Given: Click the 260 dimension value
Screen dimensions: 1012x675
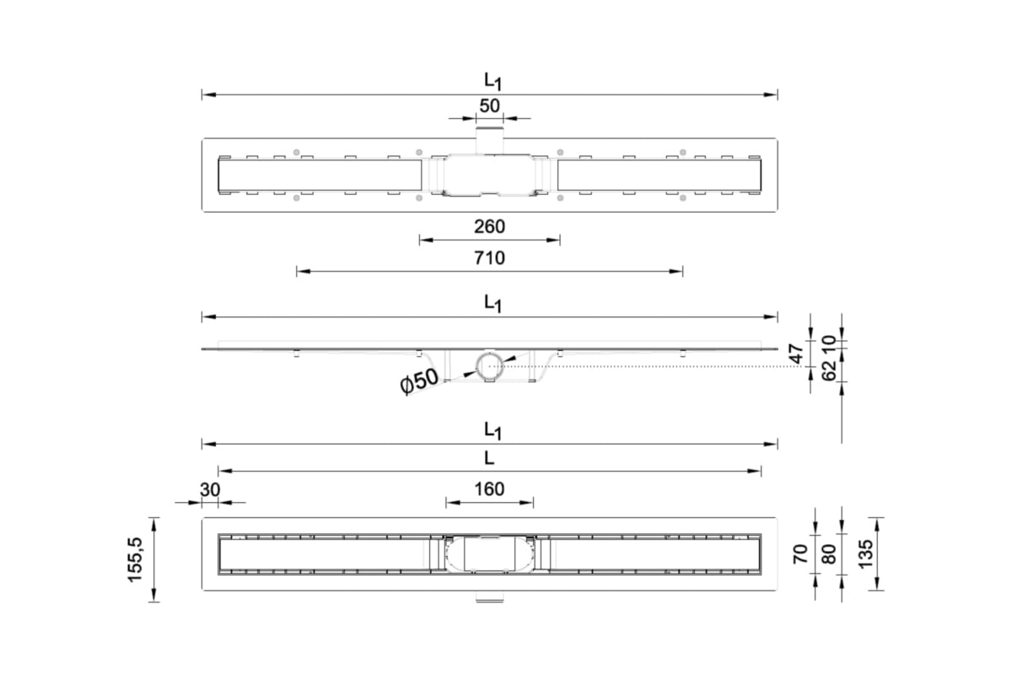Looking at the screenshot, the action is point(489,226).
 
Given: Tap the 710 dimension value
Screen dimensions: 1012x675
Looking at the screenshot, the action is point(489,258).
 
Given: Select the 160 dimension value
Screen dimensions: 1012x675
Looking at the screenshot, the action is point(489,489).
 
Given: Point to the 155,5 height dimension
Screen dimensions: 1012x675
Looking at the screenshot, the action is point(135,559).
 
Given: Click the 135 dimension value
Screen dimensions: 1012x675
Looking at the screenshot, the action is point(865,554).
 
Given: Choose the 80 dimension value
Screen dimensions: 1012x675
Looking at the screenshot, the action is point(829,554).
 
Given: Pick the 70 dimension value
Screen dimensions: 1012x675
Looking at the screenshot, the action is point(800,554).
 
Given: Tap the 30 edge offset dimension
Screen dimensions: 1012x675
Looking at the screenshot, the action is point(210,489).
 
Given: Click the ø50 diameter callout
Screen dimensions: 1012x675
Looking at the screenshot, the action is point(419,381).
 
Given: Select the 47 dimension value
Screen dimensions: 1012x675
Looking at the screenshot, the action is point(798,354).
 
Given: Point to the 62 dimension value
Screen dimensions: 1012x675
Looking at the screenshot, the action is point(829,371).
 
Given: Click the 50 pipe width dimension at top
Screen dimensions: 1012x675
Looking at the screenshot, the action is point(489,105).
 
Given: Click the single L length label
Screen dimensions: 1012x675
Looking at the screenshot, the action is point(489,458).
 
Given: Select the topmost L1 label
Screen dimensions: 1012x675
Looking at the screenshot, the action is point(493,81).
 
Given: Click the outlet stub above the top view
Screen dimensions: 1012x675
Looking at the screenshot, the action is point(489,140).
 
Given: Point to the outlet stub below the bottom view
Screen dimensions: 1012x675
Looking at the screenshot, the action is point(489,597).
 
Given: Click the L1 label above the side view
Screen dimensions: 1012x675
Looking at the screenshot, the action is point(493,304).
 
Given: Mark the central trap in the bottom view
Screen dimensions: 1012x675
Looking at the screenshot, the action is point(489,554).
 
